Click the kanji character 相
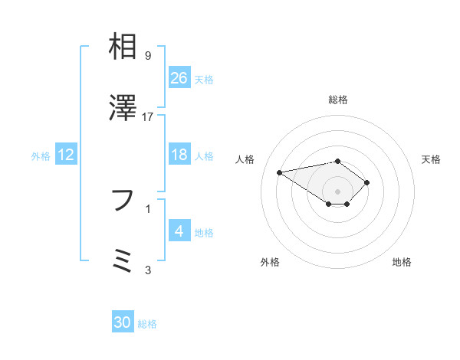pos(123,47)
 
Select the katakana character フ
pos(123,201)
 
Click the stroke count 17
pos(148,117)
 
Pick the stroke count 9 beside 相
pos(148,56)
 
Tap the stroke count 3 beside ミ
pos(148,270)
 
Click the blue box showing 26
pos(179,78)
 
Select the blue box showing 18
pos(179,155)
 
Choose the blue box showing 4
pos(179,231)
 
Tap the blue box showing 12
pos(66,155)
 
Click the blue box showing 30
pos(123,322)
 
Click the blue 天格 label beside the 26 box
pos(204,79)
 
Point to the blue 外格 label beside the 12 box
pos(41,155)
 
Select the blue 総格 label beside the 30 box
pos(147,324)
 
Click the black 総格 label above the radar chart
pos(338,100)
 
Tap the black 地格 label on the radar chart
pos(402,263)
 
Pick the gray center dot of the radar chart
pos(338,191)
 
